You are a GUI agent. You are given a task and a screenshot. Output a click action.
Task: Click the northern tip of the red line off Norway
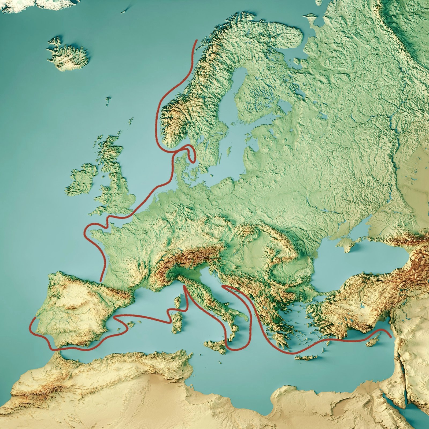pyautogui.click(x=197, y=40)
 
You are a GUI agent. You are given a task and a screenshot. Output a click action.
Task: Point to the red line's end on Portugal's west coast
pyautogui.click(x=35, y=318)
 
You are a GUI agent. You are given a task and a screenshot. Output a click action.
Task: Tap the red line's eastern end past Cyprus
pyautogui.click(x=390, y=336)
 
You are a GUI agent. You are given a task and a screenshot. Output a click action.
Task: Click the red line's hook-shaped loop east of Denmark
pyautogui.click(x=191, y=154)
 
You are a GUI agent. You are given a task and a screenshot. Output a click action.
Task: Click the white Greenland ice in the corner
pyautogui.click(x=54, y=4)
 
